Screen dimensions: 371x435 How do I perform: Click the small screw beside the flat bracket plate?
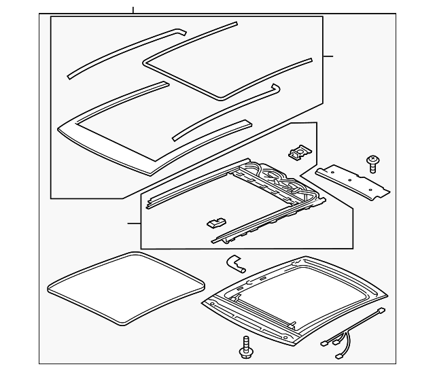click(372, 162)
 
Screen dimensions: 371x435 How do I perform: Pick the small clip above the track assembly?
click(298, 153)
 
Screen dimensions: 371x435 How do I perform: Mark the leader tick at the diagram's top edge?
click(133, 10)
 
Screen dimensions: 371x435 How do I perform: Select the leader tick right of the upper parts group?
click(328, 56)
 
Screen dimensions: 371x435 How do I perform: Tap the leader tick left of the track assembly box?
click(134, 223)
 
